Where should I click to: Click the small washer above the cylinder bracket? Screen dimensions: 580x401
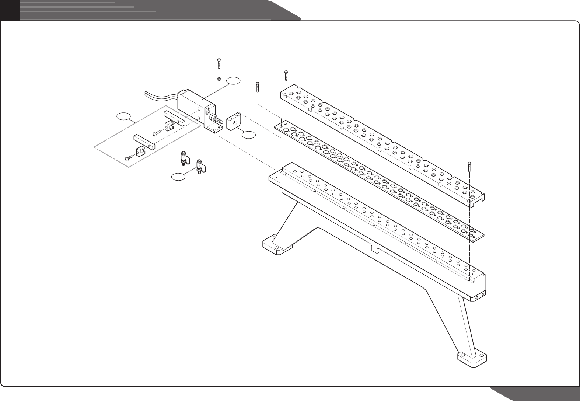pyautogui.click(x=219, y=79)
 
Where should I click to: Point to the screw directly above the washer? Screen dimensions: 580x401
pyautogui.click(x=219, y=63)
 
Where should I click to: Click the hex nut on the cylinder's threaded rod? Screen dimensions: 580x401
pyautogui.click(x=213, y=118)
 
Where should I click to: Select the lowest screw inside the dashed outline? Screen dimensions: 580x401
pyautogui.click(x=129, y=158)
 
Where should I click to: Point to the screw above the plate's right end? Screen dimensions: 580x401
pyautogui.click(x=469, y=167)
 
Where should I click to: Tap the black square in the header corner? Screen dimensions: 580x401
pyautogui.click(x=9, y=10)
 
